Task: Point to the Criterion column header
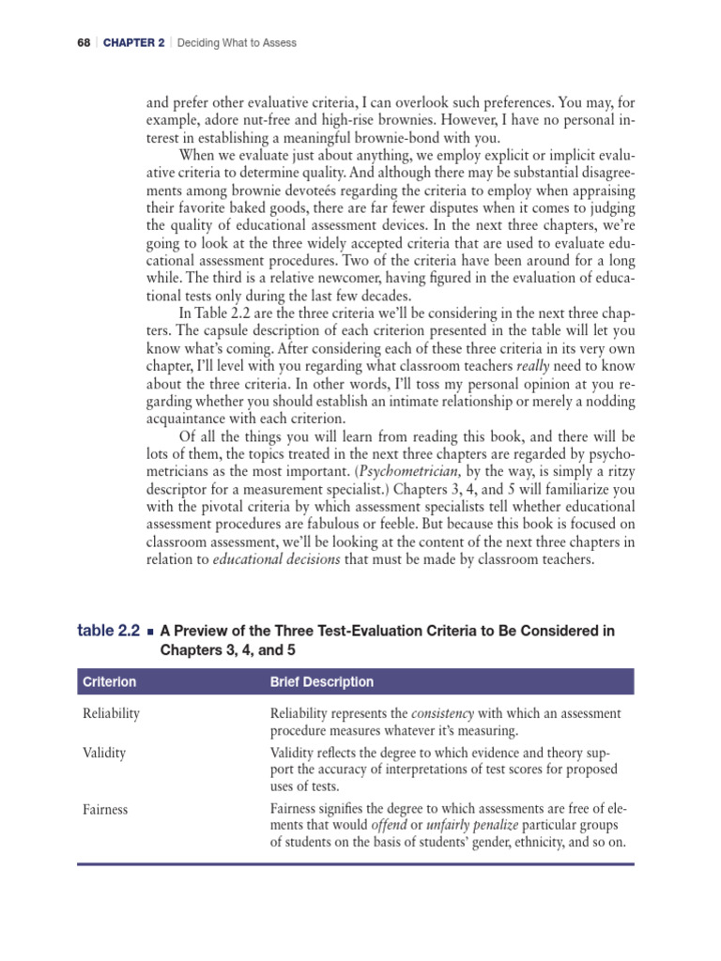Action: [x=109, y=682]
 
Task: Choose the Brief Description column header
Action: [x=321, y=682]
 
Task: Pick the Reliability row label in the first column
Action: [x=111, y=713]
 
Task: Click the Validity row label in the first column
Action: [x=104, y=753]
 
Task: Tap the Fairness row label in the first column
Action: [x=105, y=808]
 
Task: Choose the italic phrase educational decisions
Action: [x=272, y=561]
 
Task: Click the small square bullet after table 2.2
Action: [x=150, y=633]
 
